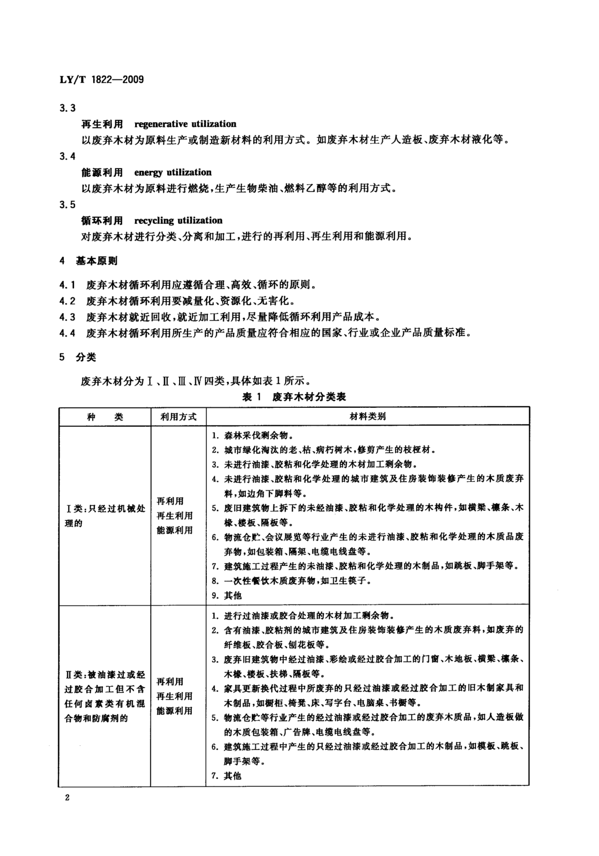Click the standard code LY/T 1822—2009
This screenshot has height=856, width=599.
[101, 79]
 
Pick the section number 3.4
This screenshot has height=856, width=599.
[67, 156]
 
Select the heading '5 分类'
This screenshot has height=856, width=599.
[78, 357]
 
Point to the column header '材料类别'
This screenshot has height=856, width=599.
[367, 416]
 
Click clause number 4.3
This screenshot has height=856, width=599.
[67, 317]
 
